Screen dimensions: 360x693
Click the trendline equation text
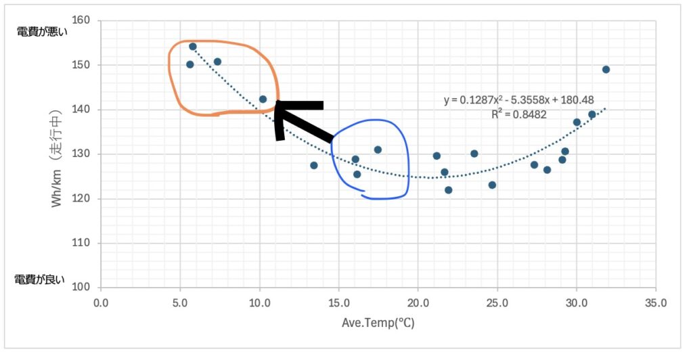click(518, 100)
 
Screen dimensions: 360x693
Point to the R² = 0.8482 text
click(520, 114)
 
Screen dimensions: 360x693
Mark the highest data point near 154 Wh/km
click(193, 47)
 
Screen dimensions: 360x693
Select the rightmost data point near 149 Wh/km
click(606, 70)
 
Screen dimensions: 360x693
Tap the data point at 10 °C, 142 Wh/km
click(263, 99)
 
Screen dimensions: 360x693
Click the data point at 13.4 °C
click(313, 165)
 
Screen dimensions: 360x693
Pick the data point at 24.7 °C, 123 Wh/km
click(492, 185)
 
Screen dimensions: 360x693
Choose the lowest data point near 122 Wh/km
click(448, 190)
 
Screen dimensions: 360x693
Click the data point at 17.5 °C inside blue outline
click(378, 150)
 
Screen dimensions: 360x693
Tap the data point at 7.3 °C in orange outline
click(217, 62)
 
